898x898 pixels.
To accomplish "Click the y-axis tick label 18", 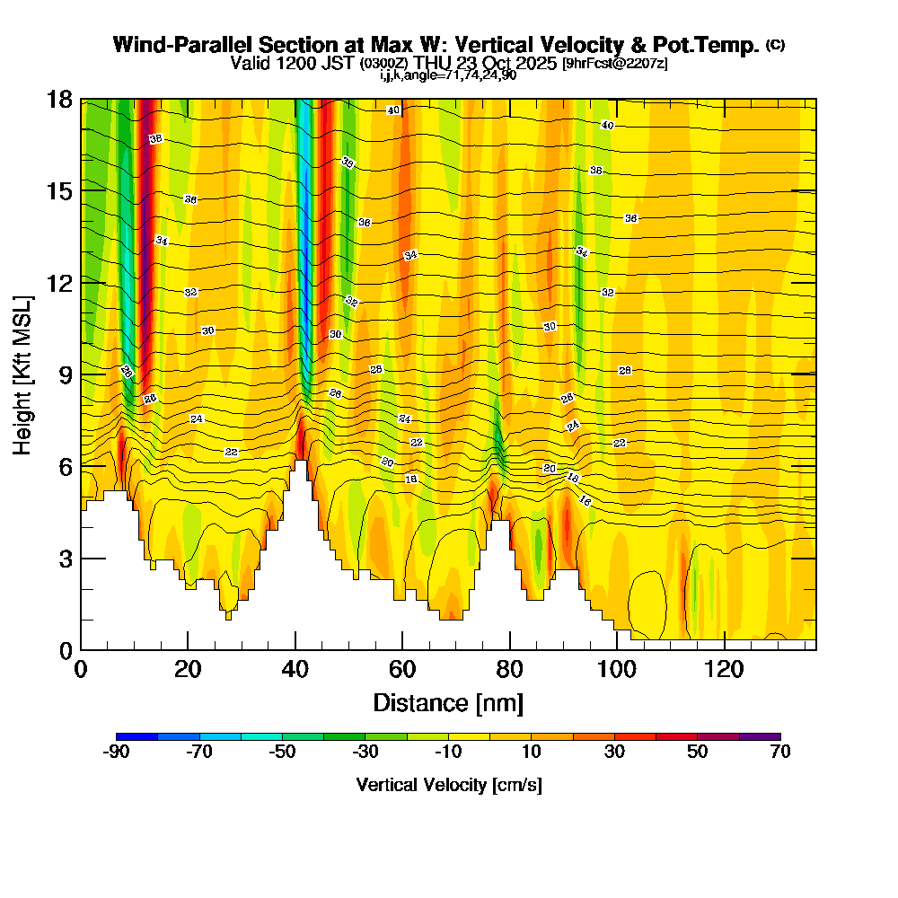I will [x=59, y=100].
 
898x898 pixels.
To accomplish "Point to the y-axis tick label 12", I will [x=59, y=283].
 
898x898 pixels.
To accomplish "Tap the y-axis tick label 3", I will [x=66, y=559].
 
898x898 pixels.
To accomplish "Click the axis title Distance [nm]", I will [x=448, y=702].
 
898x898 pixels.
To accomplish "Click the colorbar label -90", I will [x=117, y=753].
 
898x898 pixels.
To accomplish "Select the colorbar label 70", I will [x=780, y=753].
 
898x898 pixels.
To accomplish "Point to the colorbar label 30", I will [x=614, y=753].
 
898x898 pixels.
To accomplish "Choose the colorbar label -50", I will [x=283, y=753].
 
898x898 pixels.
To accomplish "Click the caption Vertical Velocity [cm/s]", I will [x=449, y=785].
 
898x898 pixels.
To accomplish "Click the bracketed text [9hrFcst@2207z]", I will [x=614, y=64].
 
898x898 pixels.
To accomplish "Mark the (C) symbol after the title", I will [x=775, y=45].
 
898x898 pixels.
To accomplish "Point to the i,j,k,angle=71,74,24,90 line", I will [x=448, y=75].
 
